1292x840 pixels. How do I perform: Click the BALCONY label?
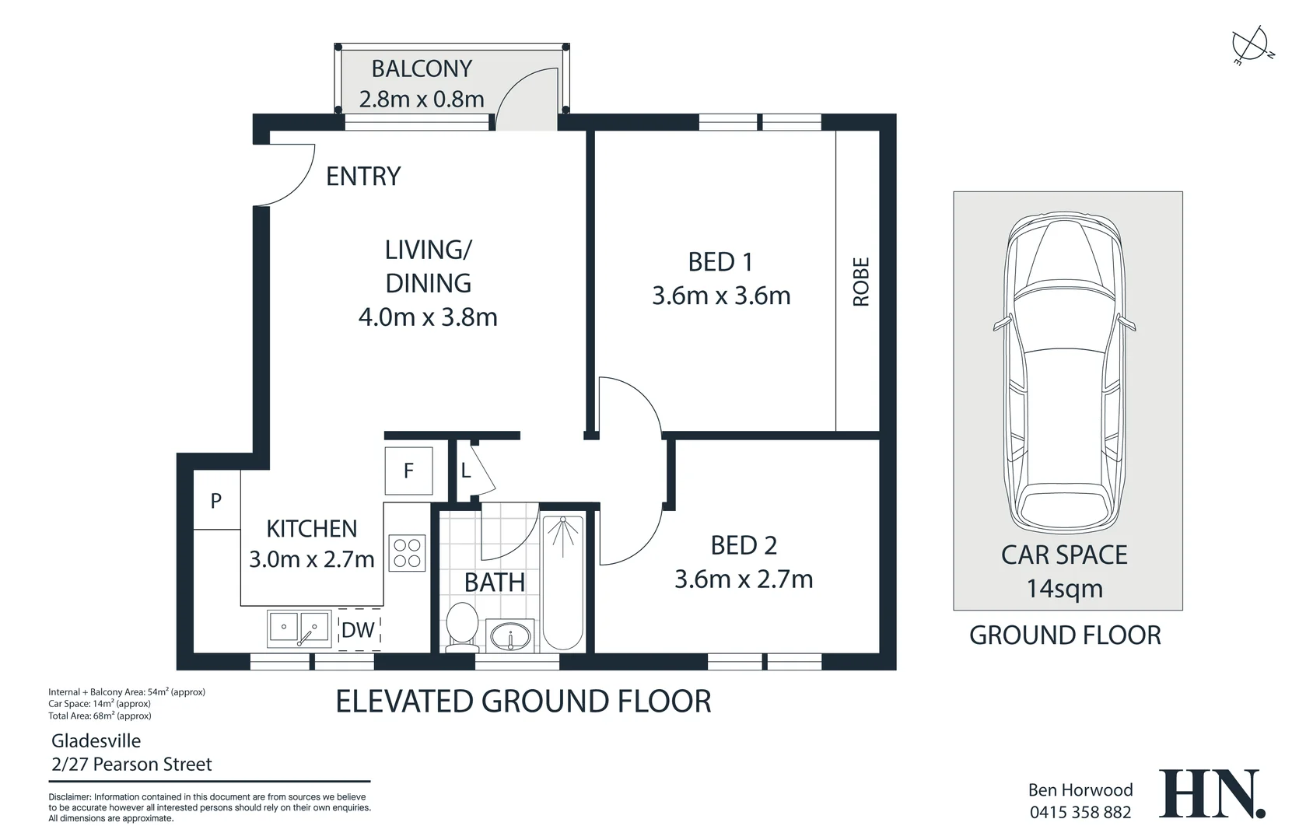tap(422, 69)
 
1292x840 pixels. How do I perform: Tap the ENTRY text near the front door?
tap(362, 177)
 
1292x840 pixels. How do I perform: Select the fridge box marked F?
tap(409, 471)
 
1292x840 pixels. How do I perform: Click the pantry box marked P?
tap(216, 501)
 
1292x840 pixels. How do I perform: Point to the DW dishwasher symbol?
tap(359, 630)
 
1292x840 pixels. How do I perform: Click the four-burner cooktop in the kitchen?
tap(407, 553)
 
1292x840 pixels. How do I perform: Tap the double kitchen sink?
tap(299, 628)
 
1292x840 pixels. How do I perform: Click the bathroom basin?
tap(510, 635)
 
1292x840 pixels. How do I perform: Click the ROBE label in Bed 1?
tap(860, 282)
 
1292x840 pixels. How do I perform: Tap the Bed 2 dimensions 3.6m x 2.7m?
tap(744, 579)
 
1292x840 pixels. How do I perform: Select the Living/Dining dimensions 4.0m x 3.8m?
tap(428, 317)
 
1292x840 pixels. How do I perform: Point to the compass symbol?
tap(1251, 44)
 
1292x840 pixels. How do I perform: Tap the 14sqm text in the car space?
tap(1064, 589)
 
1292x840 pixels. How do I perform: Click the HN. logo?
tap(1211, 793)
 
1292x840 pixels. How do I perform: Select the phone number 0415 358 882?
tap(1080, 813)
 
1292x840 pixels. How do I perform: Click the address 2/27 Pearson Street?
tap(131, 765)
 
